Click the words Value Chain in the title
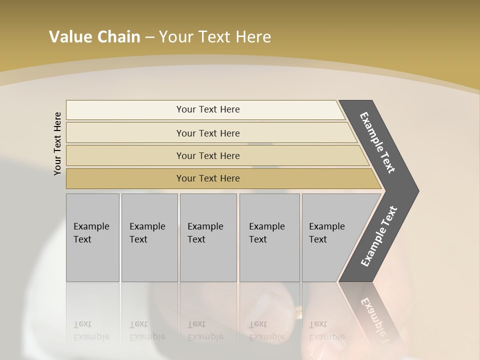point(94,37)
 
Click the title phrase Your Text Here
point(215,37)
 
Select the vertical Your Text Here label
point(57,143)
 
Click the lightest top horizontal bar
point(208,109)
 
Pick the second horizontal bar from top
point(208,133)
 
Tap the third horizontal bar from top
point(208,155)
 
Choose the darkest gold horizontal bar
point(208,178)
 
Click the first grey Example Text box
point(92,237)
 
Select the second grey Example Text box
point(149,237)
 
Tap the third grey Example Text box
point(208,237)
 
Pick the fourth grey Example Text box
point(269,237)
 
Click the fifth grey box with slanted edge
point(330,237)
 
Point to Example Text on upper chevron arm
point(377,142)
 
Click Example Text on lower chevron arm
point(378,236)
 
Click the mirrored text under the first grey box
point(91,330)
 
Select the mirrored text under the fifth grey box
point(326,330)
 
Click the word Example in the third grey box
point(205,226)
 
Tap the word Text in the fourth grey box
point(258,239)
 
